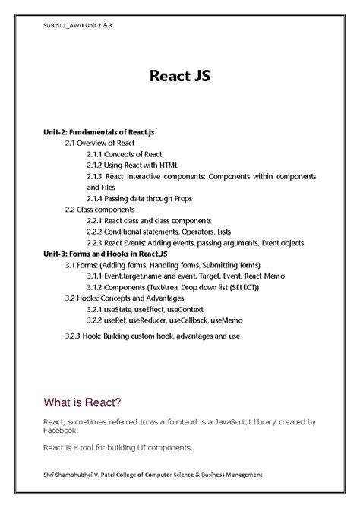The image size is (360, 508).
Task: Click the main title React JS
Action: [180, 77]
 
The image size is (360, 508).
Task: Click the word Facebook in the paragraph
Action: [62, 429]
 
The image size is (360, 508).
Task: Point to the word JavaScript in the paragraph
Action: [222, 420]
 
